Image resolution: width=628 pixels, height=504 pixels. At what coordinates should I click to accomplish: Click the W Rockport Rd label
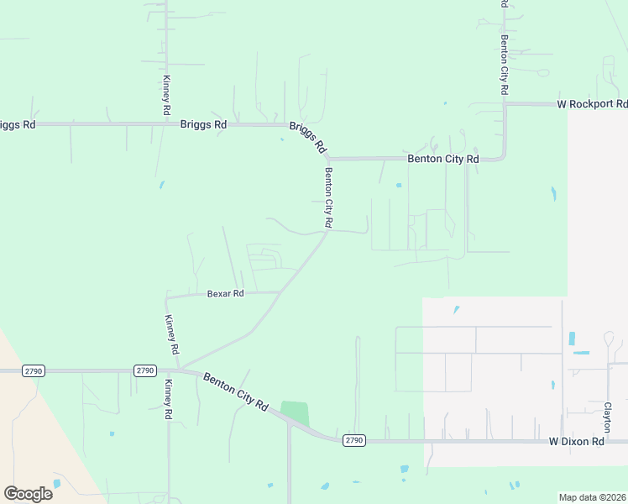coord(592,104)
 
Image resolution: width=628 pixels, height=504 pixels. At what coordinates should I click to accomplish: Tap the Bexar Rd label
coord(225,294)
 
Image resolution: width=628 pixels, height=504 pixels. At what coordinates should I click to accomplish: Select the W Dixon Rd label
coord(577,441)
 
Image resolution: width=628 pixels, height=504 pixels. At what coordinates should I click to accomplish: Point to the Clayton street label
coord(607,416)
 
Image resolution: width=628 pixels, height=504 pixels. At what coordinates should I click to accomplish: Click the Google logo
coord(28,493)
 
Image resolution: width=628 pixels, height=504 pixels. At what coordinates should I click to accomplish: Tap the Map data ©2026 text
coord(592,497)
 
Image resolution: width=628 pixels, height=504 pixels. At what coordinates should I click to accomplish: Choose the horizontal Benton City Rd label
coord(442,158)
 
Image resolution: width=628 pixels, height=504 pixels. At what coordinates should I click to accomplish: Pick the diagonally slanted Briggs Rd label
coord(307,136)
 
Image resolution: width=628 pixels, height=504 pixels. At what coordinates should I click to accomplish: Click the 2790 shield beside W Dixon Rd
coord(353,440)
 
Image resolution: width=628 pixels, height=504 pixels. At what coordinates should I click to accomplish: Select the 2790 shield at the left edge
coord(34,370)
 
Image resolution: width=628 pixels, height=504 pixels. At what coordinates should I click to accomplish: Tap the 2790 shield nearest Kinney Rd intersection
coord(145,370)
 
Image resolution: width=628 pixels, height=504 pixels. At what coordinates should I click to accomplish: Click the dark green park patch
coord(295,413)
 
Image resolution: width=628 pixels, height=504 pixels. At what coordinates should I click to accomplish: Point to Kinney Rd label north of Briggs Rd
coord(166,95)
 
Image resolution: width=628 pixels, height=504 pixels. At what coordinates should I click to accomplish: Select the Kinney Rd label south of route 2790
coord(168,399)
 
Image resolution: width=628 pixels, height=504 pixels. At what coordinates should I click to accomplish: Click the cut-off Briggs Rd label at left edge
coord(17,124)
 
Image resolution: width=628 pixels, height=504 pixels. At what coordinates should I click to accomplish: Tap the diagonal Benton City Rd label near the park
coord(235,392)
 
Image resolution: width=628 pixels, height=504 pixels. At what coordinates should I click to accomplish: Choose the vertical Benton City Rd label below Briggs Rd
coord(329,198)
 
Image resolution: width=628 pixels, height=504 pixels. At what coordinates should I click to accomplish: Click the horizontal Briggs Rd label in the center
coord(203,124)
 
